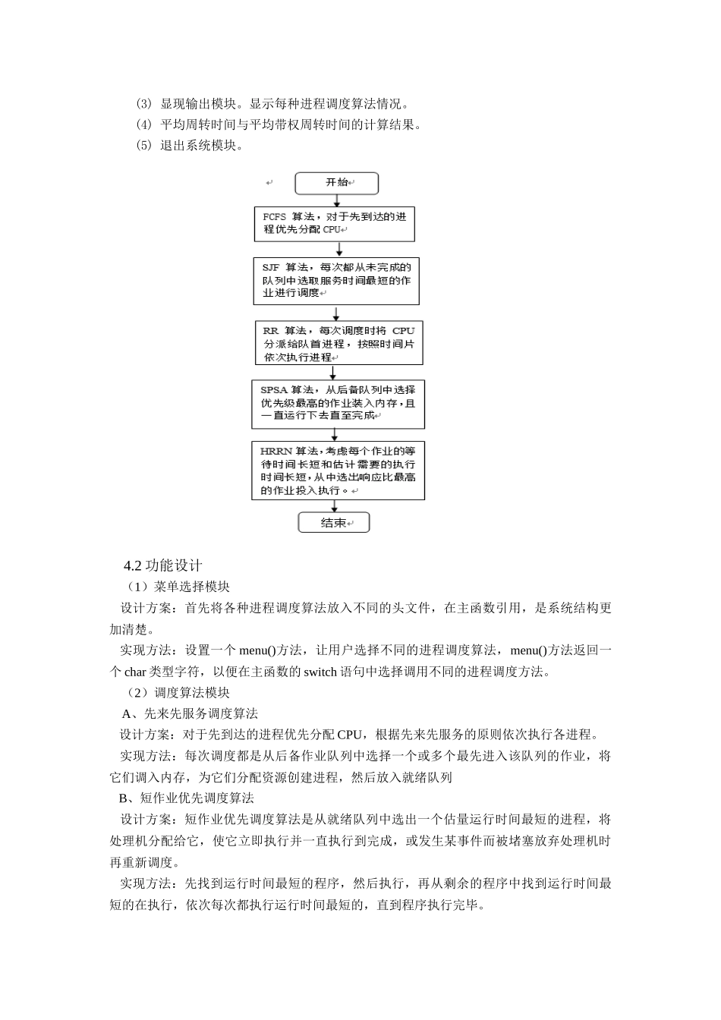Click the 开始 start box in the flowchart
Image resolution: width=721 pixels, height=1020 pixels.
click(336, 183)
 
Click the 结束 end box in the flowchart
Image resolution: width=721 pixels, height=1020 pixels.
click(334, 523)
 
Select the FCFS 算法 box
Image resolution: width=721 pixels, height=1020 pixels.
click(334, 223)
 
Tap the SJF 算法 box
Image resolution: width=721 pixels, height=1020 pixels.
click(336, 280)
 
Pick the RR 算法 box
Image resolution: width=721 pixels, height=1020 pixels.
click(338, 343)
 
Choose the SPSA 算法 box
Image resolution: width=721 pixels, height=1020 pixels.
click(338, 403)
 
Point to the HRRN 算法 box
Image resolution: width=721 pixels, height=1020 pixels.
click(338, 471)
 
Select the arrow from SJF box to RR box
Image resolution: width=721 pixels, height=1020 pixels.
click(336, 313)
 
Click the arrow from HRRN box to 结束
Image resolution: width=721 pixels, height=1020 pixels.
click(334, 506)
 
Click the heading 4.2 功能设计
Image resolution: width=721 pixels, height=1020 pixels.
click(163, 565)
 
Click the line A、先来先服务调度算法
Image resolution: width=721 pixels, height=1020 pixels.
click(190, 713)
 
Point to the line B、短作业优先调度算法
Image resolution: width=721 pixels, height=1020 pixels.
click(186, 798)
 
